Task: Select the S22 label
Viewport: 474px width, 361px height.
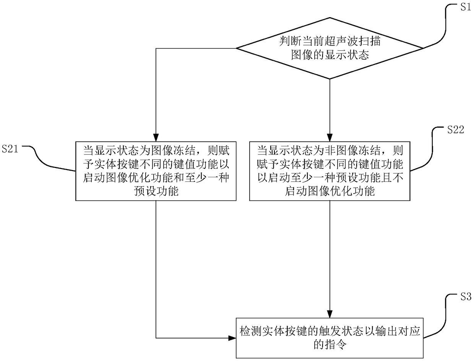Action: click(x=455, y=130)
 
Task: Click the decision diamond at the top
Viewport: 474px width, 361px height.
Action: click(x=330, y=49)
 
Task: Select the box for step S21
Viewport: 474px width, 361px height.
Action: click(x=156, y=171)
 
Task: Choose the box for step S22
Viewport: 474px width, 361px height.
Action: click(x=330, y=171)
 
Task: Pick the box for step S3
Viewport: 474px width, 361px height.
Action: click(x=330, y=337)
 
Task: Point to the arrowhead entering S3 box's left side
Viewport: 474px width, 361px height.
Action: click(x=232, y=338)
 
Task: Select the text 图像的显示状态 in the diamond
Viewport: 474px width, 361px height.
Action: click(x=330, y=55)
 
